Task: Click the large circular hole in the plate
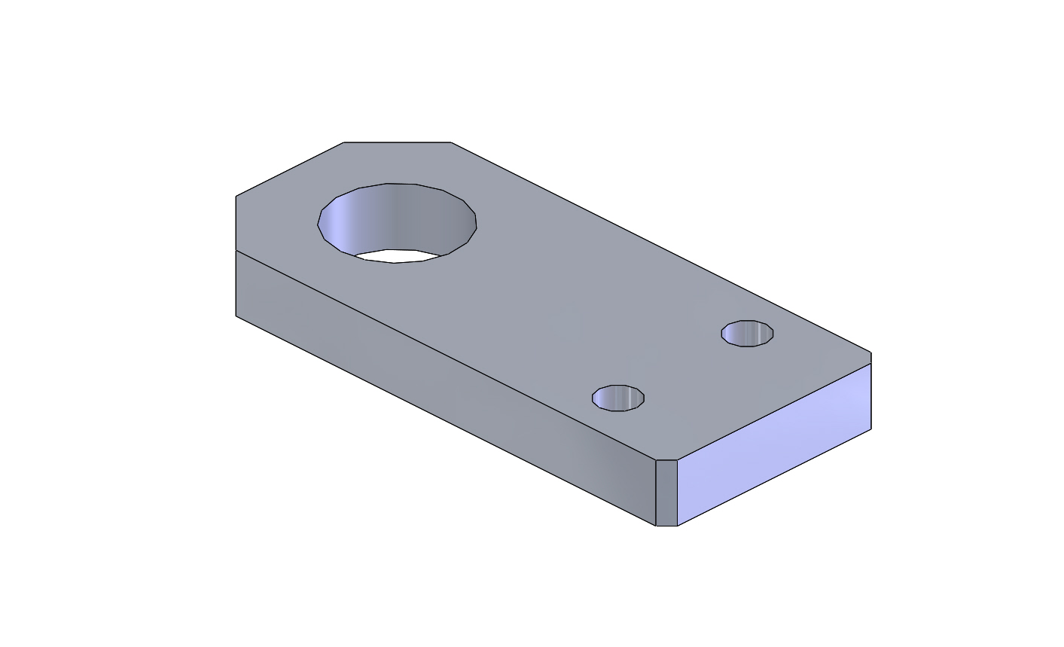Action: [397, 221]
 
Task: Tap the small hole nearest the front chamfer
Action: [618, 398]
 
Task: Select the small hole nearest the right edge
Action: [747, 333]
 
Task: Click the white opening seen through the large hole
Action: [396, 255]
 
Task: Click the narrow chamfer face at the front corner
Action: [666, 493]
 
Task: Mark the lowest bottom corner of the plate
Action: [666, 526]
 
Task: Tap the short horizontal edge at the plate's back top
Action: [397, 142]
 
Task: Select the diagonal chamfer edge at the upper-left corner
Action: [290, 169]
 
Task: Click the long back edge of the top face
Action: [660, 247]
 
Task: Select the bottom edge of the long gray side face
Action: [444, 420]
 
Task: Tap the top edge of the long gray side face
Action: [444, 355]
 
